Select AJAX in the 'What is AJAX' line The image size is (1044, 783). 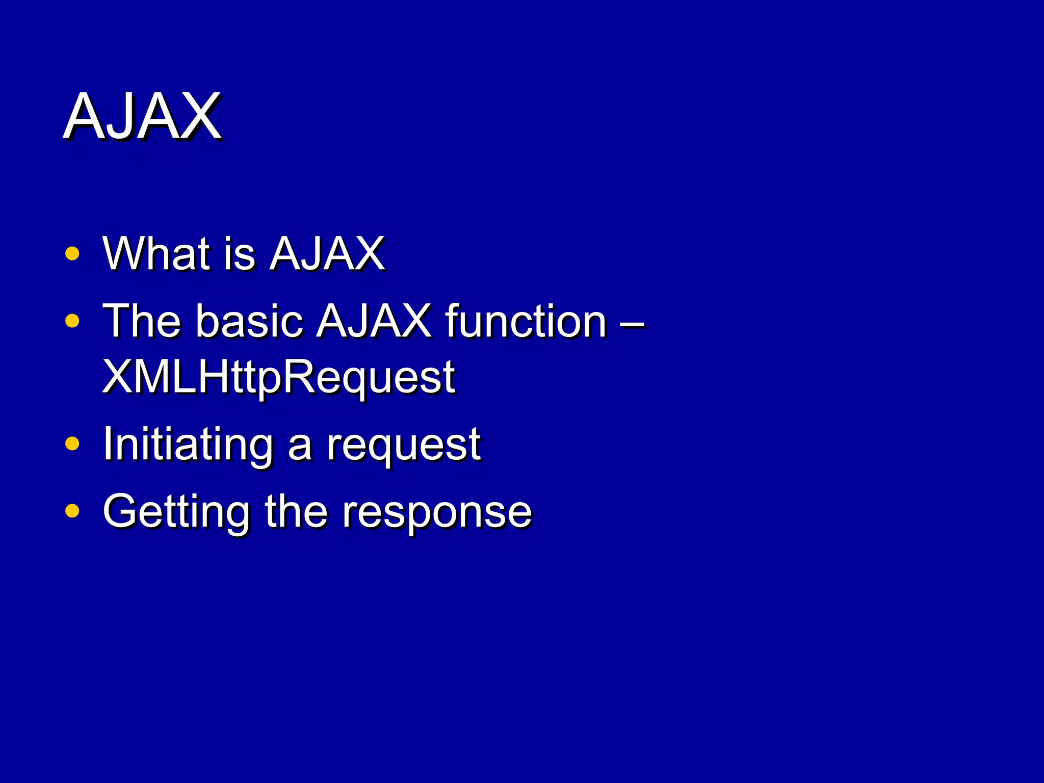[x=327, y=253]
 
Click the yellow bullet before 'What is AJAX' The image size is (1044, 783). [x=72, y=253]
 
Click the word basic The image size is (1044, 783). [x=250, y=321]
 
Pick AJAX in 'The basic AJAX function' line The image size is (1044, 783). [x=374, y=321]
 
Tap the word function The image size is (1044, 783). [x=526, y=321]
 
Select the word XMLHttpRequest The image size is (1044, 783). [x=278, y=377]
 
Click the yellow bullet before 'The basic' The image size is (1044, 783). [x=72, y=321]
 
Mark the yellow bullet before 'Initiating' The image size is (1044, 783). [x=72, y=443]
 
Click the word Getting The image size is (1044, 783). [x=176, y=512]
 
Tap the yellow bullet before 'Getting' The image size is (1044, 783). [x=72, y=510]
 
